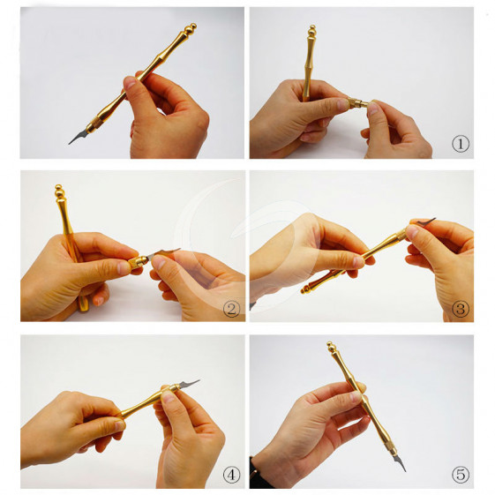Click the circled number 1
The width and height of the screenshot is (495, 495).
461,144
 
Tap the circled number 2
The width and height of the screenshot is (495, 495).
231,309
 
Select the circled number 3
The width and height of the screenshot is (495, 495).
461,309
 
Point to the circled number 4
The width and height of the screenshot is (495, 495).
231,474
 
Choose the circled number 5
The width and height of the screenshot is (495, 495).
461,474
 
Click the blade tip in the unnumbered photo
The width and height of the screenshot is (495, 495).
69,144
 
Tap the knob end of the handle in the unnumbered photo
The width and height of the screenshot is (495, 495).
191,28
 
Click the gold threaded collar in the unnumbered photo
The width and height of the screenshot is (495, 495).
93,125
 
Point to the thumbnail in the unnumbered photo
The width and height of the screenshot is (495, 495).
130,83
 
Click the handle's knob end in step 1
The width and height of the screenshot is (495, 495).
311,30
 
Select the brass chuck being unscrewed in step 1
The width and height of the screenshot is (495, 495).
357,103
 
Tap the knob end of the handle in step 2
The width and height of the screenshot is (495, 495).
59,191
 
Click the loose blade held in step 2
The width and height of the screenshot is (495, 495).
162,252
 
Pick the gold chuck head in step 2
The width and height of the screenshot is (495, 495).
138,262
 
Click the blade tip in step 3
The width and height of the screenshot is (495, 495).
435,219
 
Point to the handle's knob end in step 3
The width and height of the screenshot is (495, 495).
307,289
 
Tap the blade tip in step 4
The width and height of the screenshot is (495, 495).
199,380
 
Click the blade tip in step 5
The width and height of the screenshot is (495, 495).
405,471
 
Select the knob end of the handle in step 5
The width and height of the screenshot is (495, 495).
331,348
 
